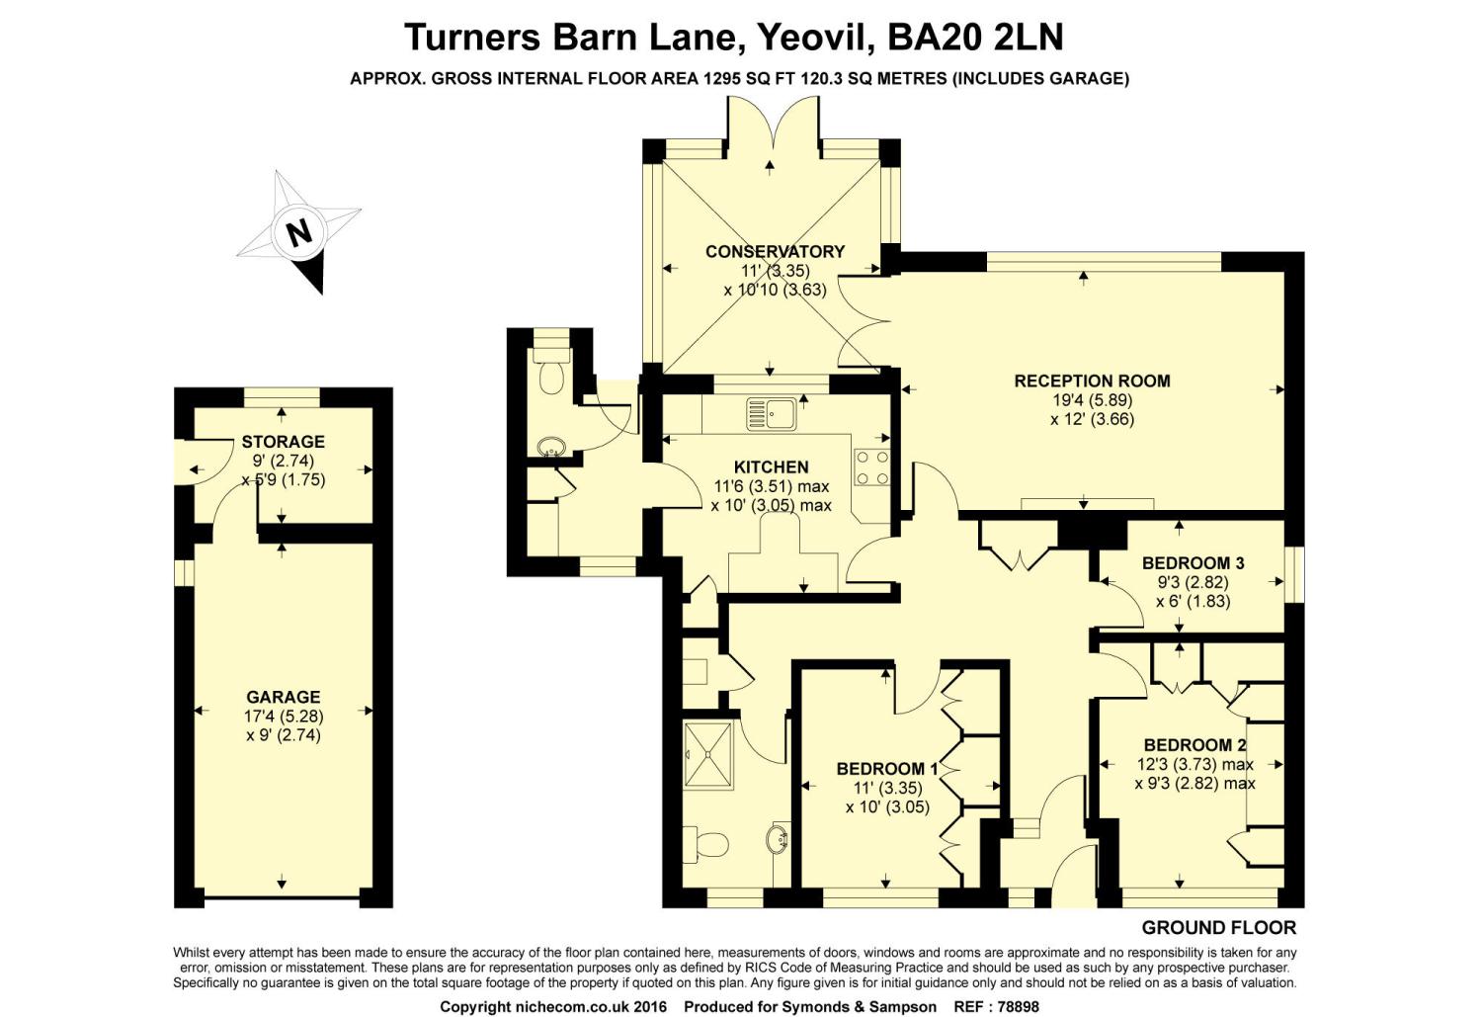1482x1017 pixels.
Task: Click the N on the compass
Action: (299, 233)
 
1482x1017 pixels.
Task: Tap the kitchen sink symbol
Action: (772, 414)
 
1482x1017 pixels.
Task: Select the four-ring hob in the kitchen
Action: (871, 467)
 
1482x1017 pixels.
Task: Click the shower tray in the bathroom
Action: (708, 755)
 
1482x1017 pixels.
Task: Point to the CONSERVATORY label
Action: (775, 251)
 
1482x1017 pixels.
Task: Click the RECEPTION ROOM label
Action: (1093, 381)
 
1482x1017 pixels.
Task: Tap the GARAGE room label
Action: (284, 697)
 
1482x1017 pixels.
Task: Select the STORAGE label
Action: (284, 442)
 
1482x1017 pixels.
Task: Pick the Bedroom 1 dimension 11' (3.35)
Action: (887, 788)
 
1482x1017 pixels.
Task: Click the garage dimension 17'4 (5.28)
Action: (284, 716)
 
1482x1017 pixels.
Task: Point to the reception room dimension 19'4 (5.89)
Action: (1093, 400)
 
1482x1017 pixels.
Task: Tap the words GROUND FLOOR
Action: (1218, 928)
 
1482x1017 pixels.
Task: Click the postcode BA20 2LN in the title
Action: (974, 37)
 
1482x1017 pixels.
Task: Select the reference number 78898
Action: (1018, 1007)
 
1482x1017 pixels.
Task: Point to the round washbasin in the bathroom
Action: (779, 840)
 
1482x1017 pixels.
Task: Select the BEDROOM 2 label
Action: (1194, 745)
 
